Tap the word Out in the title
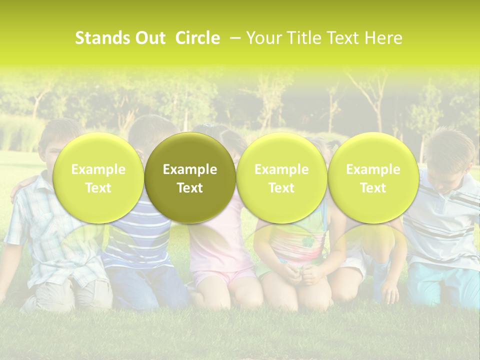point(148,38)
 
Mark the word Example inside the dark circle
point(190,169)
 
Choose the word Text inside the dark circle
point(190,188)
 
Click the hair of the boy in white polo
point(450,142)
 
